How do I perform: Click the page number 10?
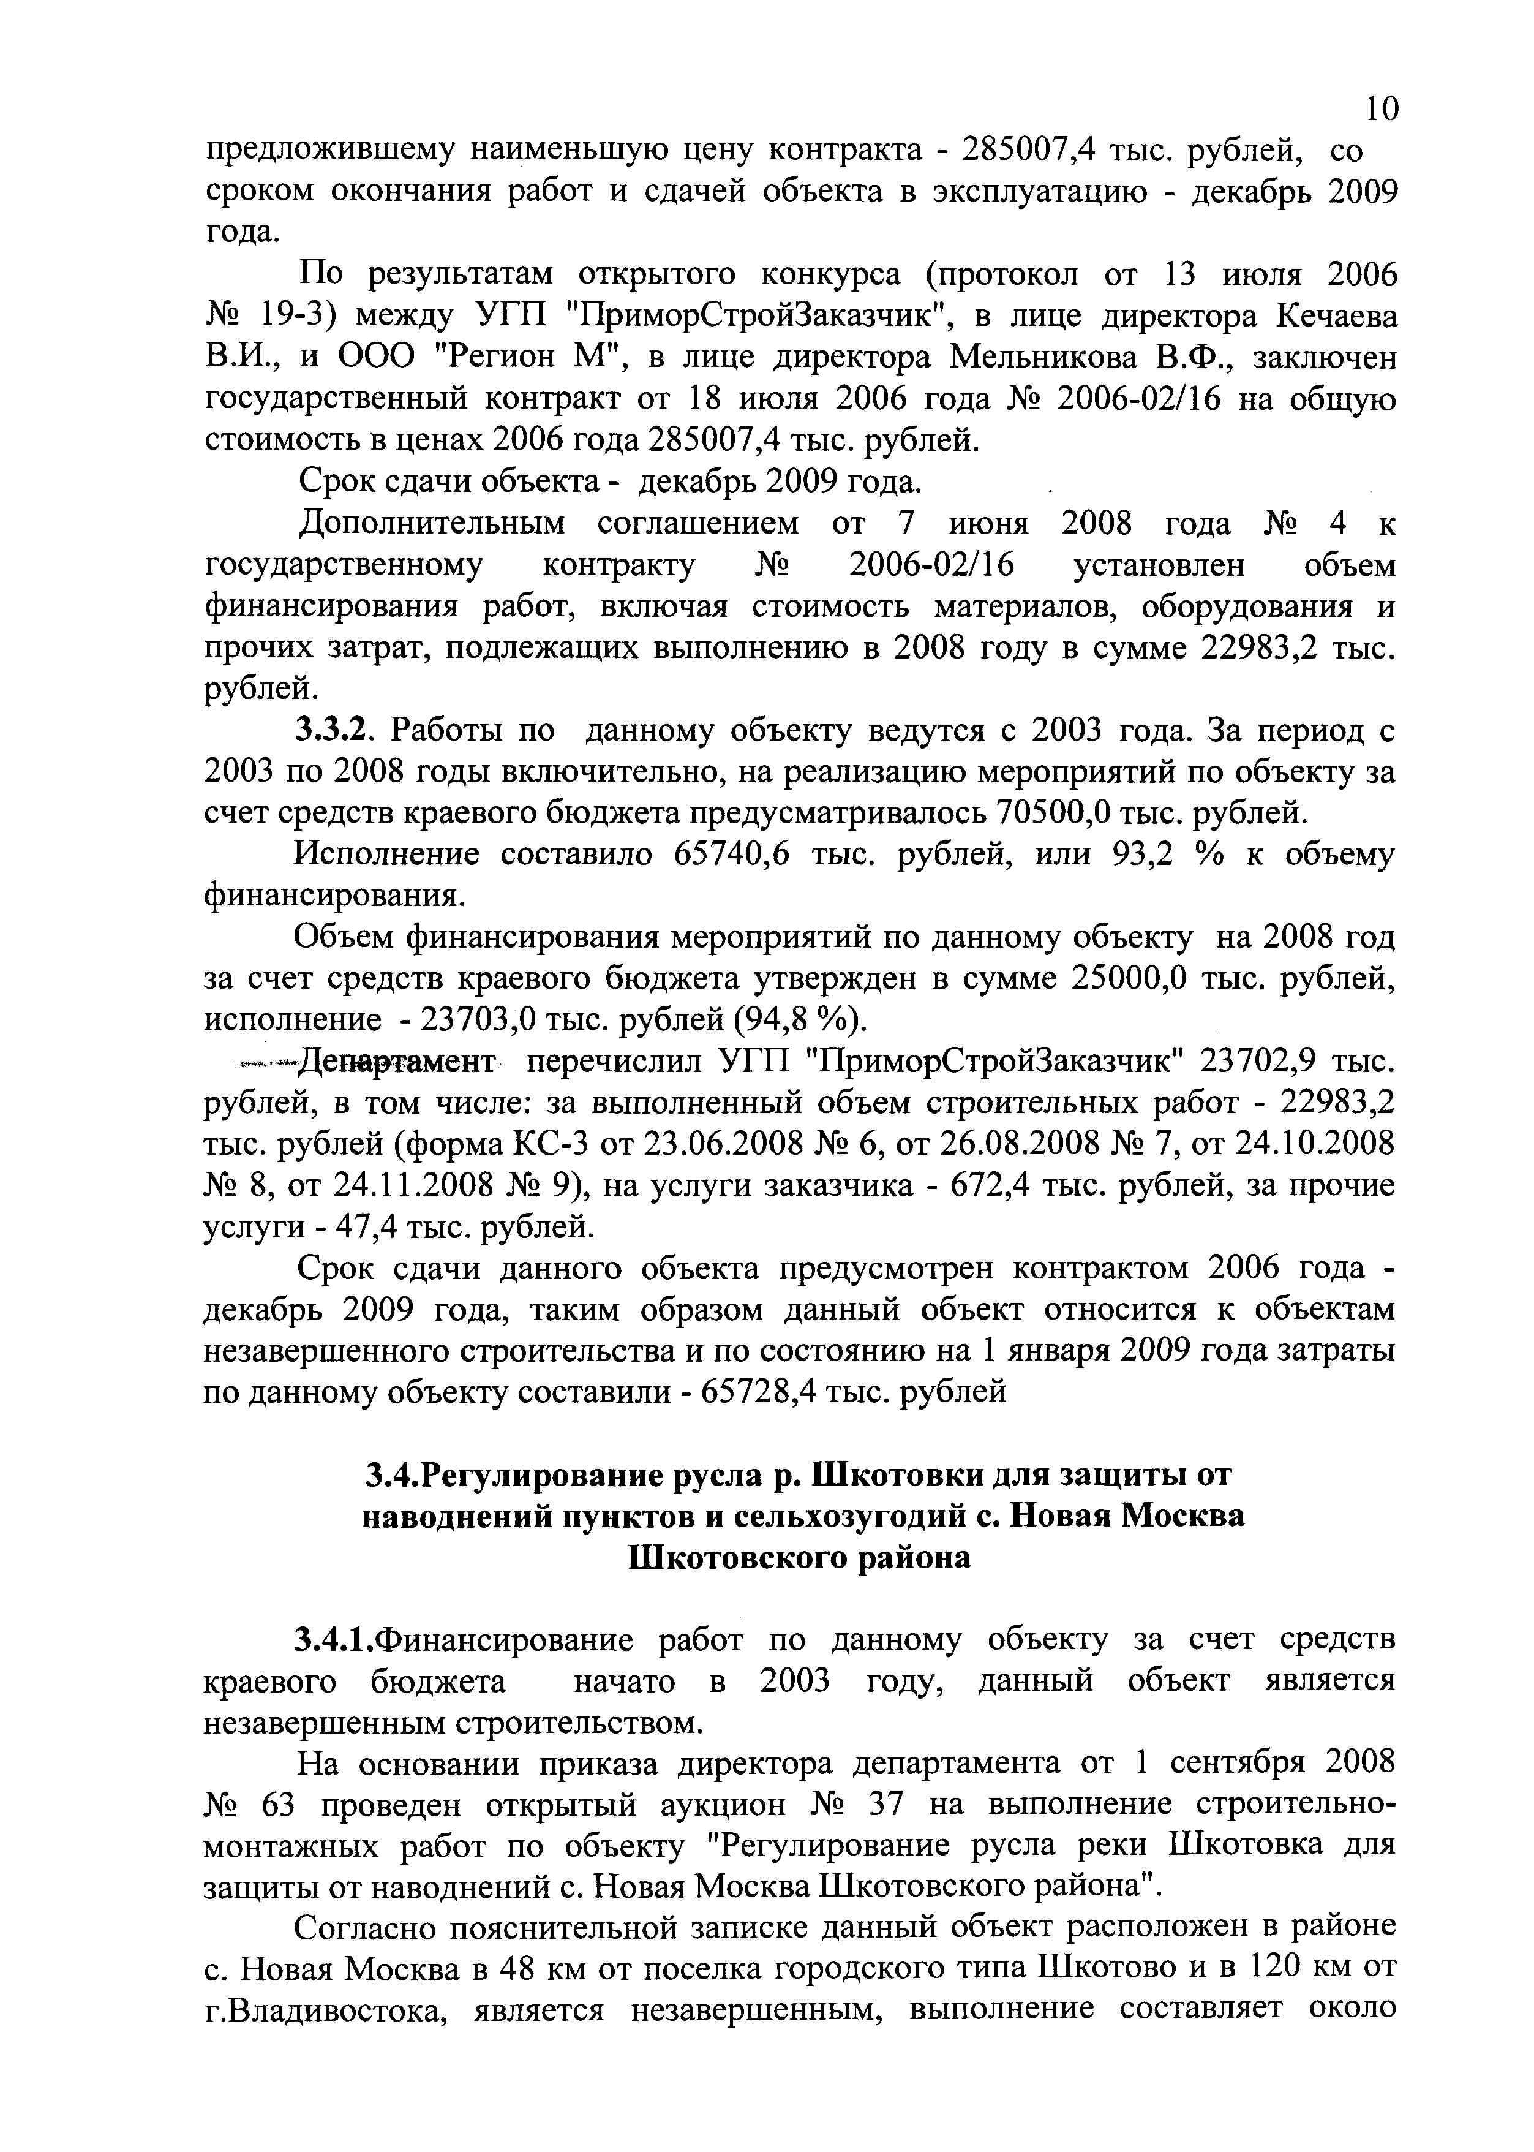tap(1381, 110)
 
